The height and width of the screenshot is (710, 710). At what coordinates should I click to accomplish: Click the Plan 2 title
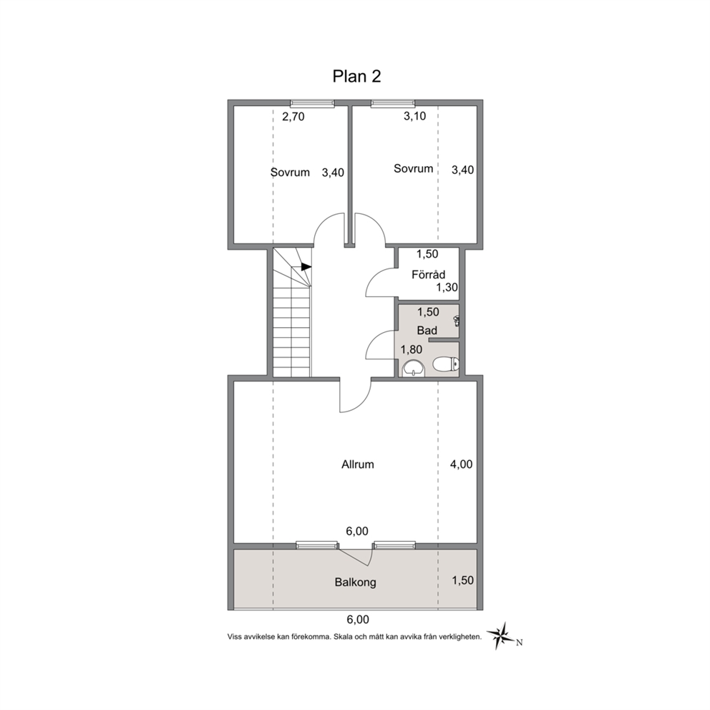point(357,77)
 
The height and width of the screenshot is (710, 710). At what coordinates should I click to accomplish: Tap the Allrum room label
point(358,464)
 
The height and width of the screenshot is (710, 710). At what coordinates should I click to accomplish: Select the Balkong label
point(356,583)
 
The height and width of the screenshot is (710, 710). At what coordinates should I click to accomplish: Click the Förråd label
point(428,274)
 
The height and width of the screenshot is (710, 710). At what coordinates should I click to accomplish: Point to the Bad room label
point(427,331)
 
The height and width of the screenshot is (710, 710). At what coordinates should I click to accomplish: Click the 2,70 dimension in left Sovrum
point(293,117)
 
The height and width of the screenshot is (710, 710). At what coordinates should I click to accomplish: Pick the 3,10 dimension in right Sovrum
point(415,117)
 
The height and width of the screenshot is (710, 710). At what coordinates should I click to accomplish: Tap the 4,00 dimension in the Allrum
point(461,464)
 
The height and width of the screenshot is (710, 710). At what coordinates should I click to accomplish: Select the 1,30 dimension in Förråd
point(447,288)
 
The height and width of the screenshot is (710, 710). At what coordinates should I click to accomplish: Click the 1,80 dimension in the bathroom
point(412,349)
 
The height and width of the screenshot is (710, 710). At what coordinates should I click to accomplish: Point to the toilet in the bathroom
point(446,364)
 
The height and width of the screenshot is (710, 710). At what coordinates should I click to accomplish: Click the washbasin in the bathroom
point(414,368)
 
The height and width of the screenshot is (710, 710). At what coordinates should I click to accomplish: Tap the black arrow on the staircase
point(306,267)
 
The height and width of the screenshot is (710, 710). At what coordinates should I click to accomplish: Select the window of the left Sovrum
point(312,104)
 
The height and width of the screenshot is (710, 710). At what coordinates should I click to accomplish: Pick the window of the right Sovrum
point(392,104)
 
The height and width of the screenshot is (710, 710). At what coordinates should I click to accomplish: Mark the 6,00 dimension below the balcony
point(358,619)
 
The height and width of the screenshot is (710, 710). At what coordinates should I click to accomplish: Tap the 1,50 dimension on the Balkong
point(463,580)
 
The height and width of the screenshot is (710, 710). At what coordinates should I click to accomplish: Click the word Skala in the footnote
point(344,637)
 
